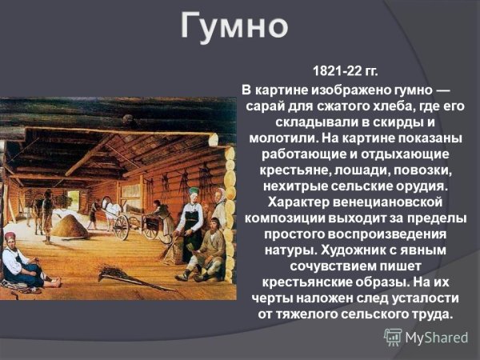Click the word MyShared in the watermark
[436, 337]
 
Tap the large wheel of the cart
[122, 226]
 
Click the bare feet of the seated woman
[53, 282]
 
